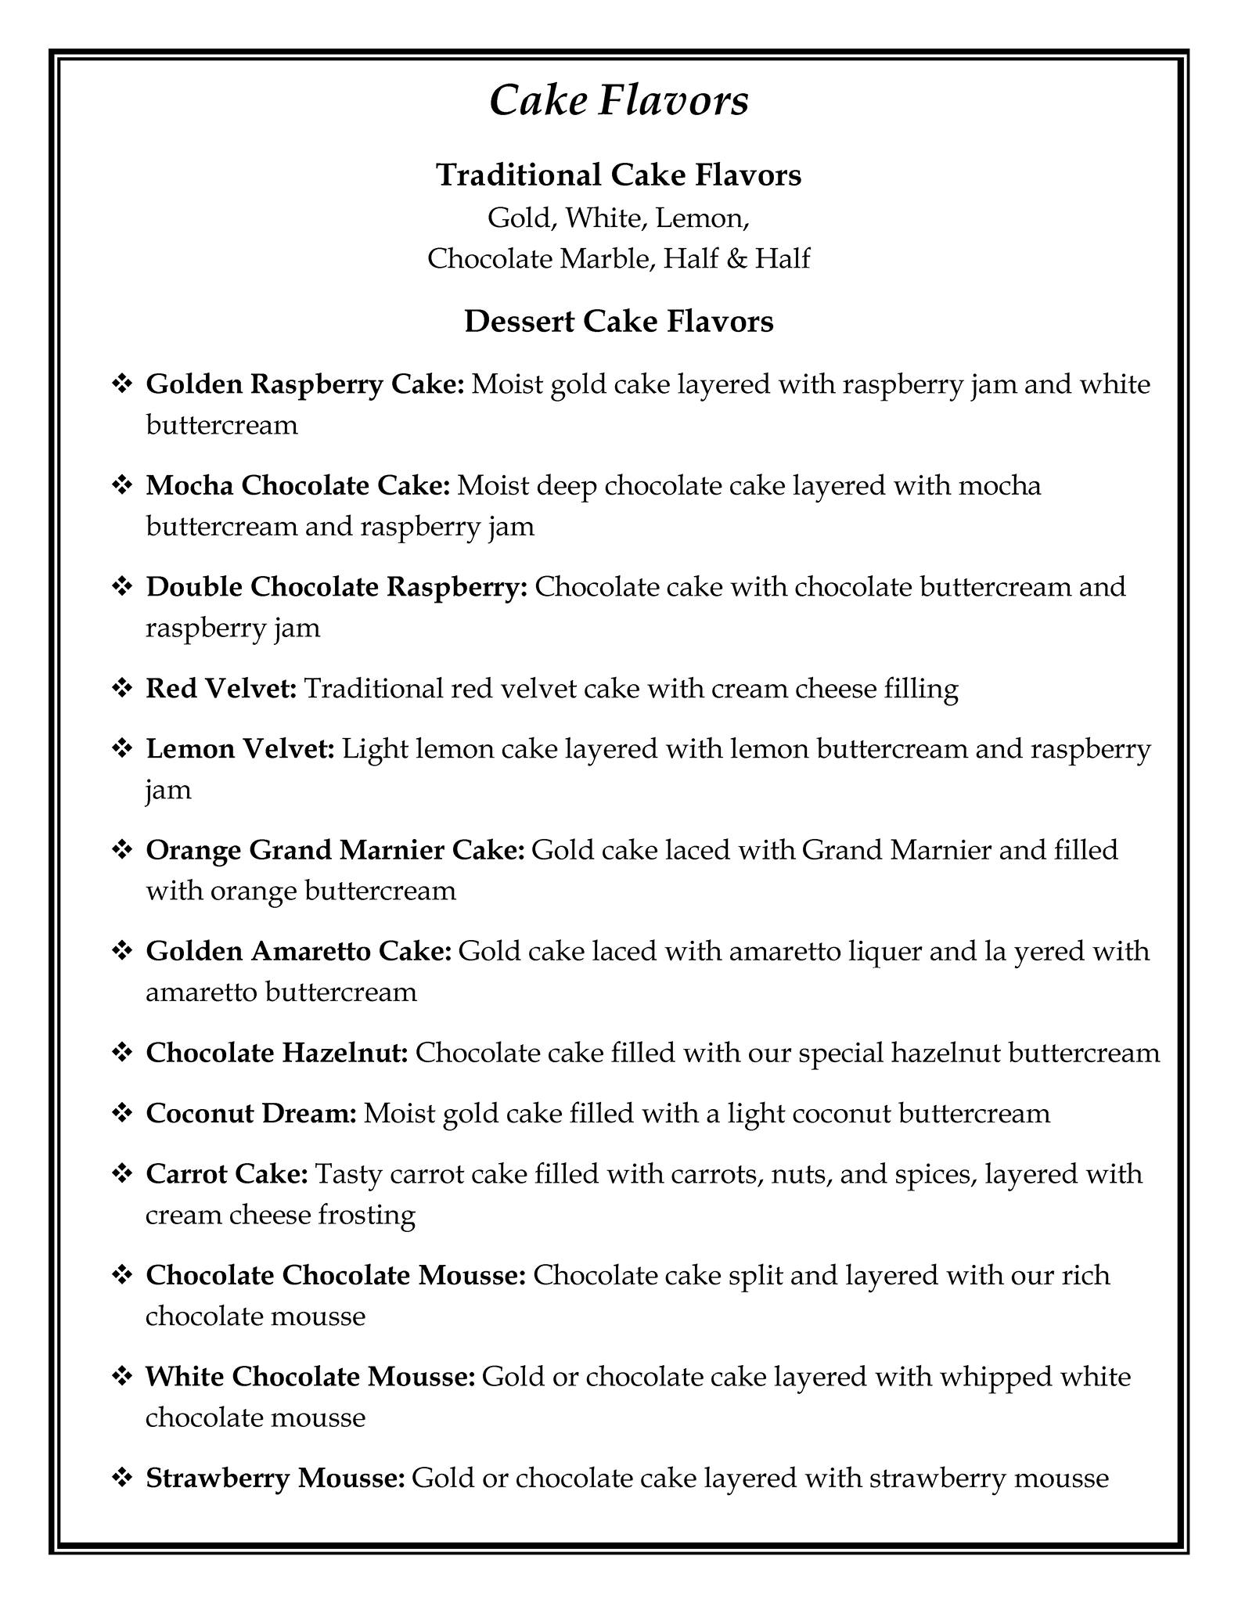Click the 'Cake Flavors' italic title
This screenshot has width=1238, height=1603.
tap(618, 101)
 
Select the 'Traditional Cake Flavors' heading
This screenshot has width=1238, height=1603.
tap(618, 175)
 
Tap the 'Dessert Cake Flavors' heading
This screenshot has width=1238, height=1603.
tap(618, 321)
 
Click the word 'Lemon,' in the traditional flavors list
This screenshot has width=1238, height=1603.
tap(703, 218)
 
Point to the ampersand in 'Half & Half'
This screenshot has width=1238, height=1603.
tap(736, 258)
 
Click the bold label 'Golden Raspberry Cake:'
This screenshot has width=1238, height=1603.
tap(305, 384)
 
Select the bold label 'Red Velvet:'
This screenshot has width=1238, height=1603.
tap(221, 688)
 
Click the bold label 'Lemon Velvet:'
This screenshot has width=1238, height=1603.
tap(240, 749)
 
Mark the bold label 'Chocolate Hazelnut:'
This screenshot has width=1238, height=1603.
tap(277, 1053)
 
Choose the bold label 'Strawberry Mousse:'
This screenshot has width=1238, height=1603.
tap(275, 1479)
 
